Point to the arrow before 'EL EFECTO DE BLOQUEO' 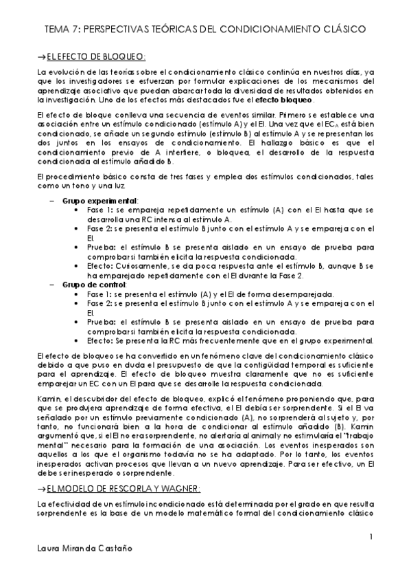tap(42, 55)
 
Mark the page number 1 tap(371, 536)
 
